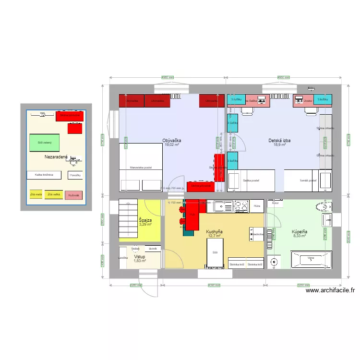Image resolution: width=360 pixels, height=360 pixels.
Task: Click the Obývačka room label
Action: (172, 141)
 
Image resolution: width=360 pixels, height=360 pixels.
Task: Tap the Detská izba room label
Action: (279, 141)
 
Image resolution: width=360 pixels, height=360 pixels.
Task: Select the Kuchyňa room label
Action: (214, 232)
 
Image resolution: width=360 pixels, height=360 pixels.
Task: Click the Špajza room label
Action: (145, 220)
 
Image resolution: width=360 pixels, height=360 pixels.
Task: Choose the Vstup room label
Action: (139, 257)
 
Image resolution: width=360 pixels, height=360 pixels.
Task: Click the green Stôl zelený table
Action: (44, 143)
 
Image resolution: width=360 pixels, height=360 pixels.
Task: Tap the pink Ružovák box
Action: (73, 195)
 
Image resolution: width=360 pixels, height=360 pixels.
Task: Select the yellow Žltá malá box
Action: (36, 194)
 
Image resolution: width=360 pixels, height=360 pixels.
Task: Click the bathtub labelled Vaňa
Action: (311, 260)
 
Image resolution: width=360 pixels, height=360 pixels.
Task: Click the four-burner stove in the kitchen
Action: (241, 206)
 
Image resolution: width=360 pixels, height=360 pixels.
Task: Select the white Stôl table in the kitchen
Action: (215, 252)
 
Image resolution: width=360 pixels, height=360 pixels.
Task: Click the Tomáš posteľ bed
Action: (307, 180)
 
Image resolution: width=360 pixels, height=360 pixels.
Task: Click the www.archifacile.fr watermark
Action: (329, 290)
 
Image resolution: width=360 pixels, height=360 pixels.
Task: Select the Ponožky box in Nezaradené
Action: (75, 176)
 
